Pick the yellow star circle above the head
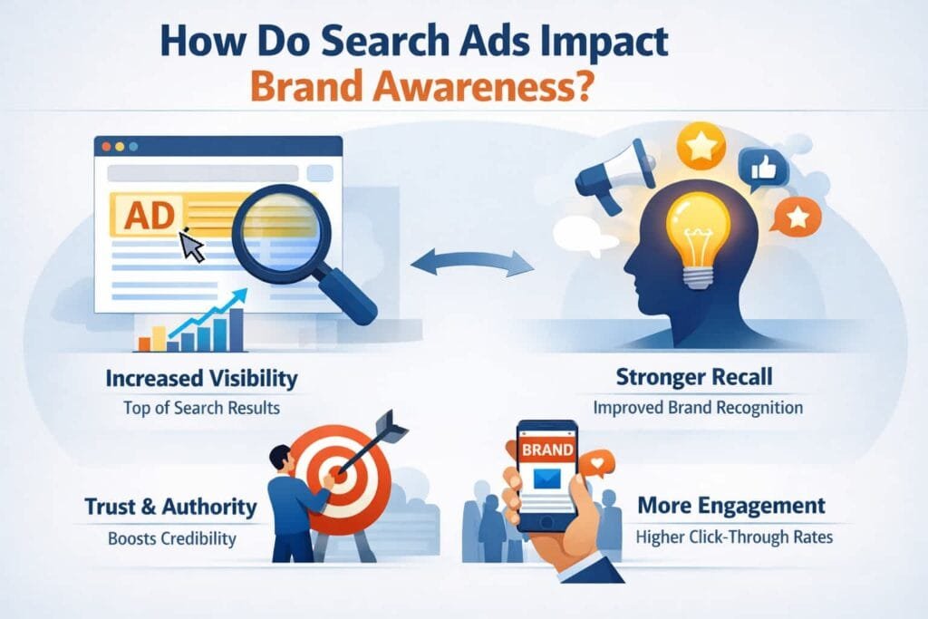(701, 145)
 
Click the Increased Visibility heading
(201, 377)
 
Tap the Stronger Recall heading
(698, 377)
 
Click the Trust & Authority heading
(169, 506)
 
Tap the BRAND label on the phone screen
(547, 449)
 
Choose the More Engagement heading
(731, 506)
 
